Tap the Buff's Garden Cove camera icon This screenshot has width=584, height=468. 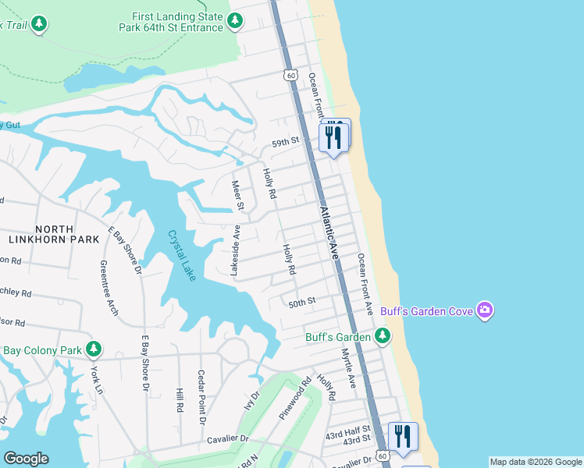pos(485,311)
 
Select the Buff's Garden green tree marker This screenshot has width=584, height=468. pos(382,336)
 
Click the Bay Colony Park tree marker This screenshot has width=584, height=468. pos(94,349)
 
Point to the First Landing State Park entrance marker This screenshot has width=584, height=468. pos(235,23)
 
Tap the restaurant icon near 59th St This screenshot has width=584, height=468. pos(333,136)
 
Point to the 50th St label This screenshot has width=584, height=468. pos(301,301)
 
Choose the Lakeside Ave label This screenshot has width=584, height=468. pos(236,250)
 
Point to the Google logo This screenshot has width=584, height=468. pos(26,459)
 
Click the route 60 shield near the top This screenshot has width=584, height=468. pos(290,75)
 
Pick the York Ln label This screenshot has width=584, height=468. pos(96,379)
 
